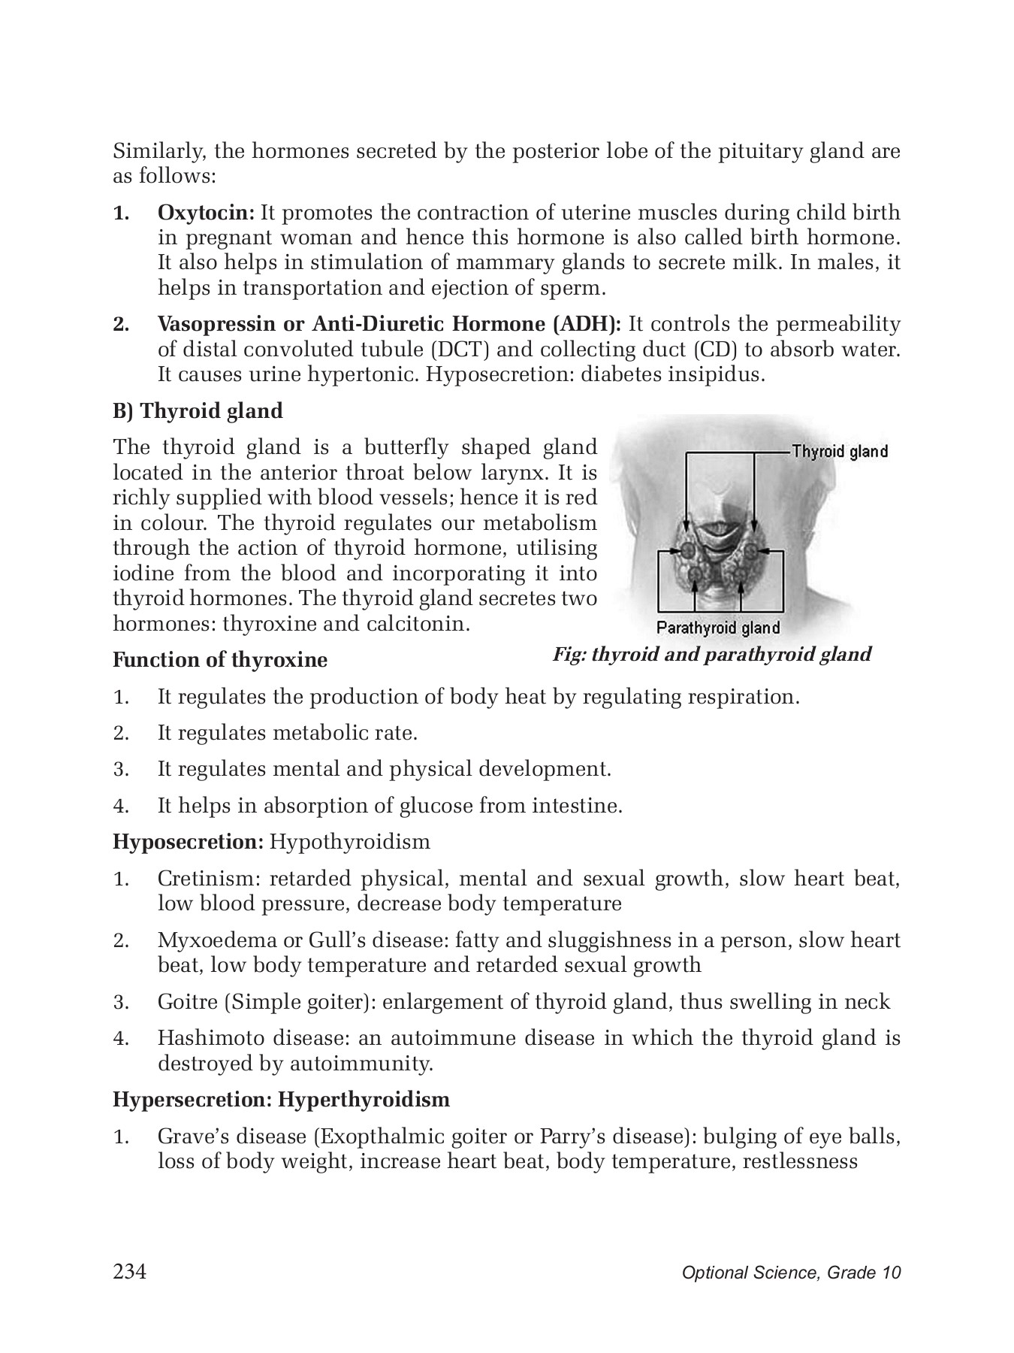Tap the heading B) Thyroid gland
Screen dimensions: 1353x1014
point(198,411)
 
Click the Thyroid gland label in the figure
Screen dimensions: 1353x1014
point(840,452)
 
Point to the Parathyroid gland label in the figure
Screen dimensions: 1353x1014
point(718,628)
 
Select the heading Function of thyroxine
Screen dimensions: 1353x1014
point(220,661)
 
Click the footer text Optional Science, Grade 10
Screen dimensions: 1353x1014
point(791,1273)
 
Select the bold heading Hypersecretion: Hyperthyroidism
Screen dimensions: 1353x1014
point(281,1100)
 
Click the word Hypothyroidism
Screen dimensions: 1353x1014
point(349,842)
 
